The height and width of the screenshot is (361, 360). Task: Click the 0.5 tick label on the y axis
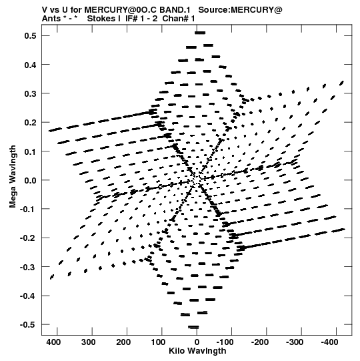tap(31, 35)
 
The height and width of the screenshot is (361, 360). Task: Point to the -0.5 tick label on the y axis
tap(28, 324)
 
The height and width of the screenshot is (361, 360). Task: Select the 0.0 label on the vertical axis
tap(31, 180)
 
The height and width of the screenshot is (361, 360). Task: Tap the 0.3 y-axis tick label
tap(31, 93)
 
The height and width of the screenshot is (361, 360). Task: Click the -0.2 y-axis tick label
tap(28, 238)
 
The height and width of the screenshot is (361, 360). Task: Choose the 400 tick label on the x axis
tap(53, 342)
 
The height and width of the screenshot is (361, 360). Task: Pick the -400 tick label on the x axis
tap(329, 342)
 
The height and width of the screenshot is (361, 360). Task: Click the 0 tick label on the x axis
tap(197, 342)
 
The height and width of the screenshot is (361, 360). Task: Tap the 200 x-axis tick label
tap(123, 342)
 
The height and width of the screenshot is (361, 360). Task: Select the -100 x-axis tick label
tap(225, 342)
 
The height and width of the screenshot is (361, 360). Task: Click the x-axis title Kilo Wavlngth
tap(197, 351)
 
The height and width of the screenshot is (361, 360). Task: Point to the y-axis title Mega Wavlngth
tap(13, 177)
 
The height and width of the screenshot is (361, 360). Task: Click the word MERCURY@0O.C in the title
tap(120, 10)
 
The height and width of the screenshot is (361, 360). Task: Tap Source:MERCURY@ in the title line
tap(240, 10)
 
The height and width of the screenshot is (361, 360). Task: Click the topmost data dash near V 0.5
tap(200, 33)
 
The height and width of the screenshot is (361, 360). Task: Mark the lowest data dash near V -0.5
tap(193, 327)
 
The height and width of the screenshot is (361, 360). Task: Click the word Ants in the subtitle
tap(50, 19)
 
